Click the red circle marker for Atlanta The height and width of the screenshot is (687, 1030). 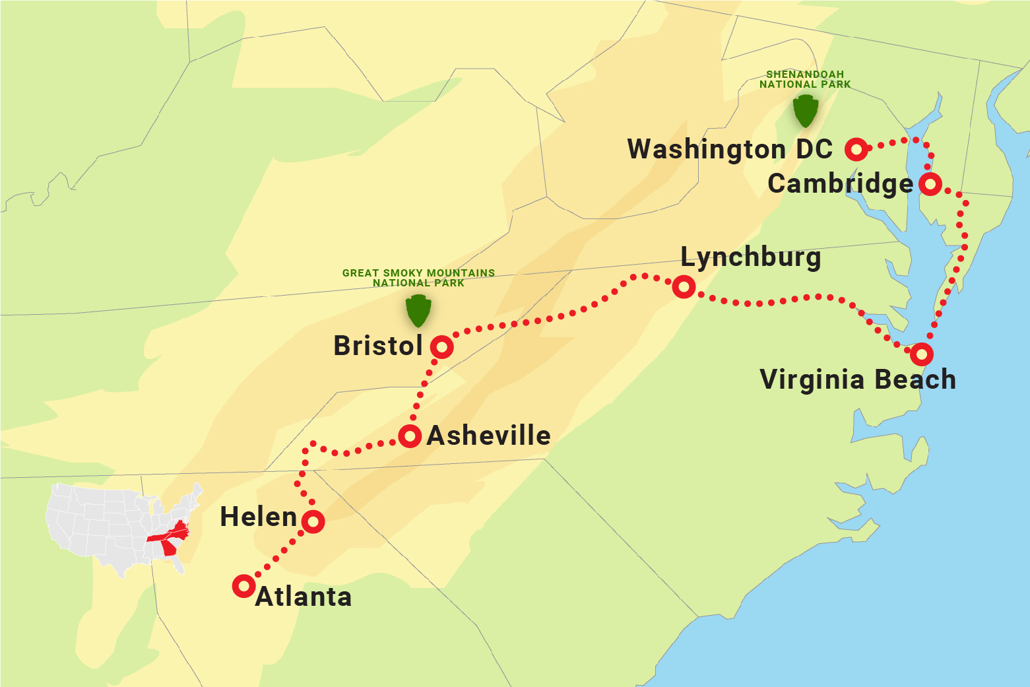[243, 585]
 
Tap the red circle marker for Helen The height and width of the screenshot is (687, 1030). [313, 521]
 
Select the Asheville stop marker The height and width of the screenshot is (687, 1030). [410, 436]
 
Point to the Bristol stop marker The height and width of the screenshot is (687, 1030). [441, 346]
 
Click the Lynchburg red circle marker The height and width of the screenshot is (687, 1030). [684, 286]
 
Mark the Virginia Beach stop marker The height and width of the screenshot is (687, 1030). [921, 354]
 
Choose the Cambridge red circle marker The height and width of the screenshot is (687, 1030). [930, 183]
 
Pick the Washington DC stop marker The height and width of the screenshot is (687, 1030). [856, 150]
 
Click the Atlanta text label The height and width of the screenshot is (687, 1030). [304, 597]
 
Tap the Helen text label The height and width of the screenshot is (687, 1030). [258, 517]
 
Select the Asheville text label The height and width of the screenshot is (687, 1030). [488, 436]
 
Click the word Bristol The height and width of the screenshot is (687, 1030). [377, 346]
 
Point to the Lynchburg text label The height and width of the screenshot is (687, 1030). [750, 257]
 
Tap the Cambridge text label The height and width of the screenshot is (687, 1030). [840, 184]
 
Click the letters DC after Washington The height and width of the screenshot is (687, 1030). [814, 149]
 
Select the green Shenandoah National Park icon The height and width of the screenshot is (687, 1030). [805, 111]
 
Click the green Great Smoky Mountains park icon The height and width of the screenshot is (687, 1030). [418, 310]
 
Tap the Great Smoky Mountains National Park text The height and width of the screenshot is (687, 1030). [418, 278]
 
